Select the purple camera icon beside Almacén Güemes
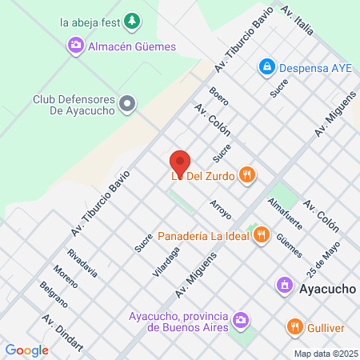(x=77, y=46)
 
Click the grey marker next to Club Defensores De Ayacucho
(x=132, y=103)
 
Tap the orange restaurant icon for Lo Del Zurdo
(x=248, y=176)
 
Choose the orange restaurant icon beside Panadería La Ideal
(x=261, y=235)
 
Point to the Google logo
(x=26, y=350)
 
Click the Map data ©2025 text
(x=323, y=353)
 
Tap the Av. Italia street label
(x=297, y=22)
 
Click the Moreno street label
(x=65, y=278)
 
